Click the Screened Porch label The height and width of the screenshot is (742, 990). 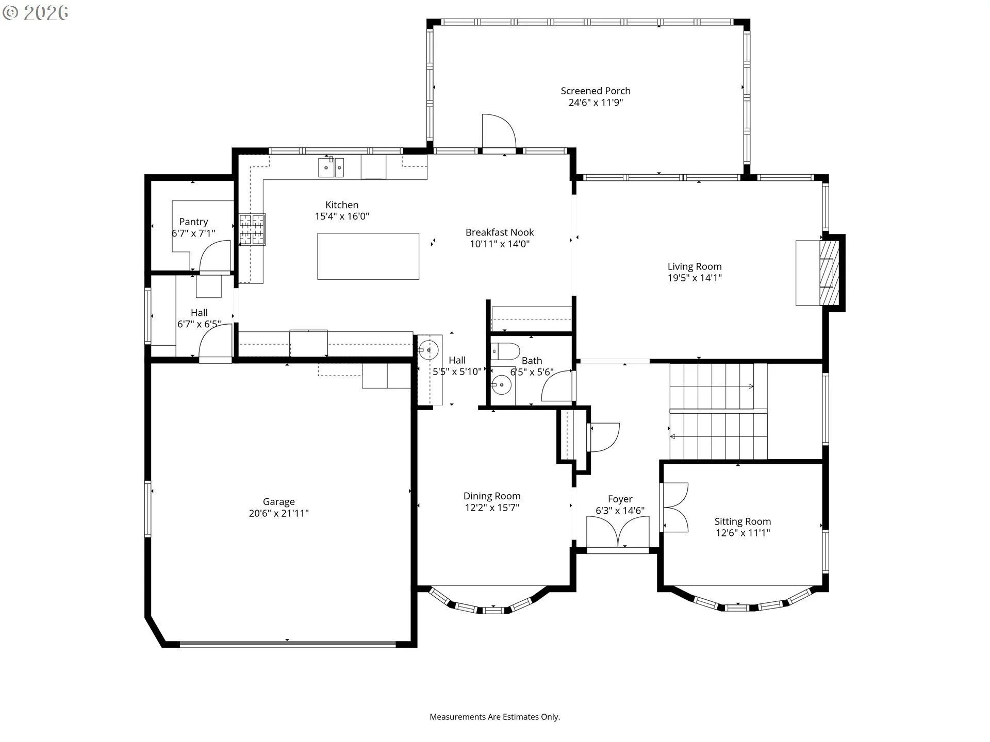(x=596, y=91)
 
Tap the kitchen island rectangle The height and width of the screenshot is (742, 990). (x=368, y=256)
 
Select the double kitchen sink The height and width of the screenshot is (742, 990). (x=331, y=167)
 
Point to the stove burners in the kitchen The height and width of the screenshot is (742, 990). (x=252, y=229)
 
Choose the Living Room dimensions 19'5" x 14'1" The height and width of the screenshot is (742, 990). (x=695, y=278)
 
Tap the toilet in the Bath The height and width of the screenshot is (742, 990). (x=505, y=351)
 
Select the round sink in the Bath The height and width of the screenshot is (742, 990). (x=501, y=384)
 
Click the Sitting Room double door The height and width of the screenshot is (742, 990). (x=675, y=508)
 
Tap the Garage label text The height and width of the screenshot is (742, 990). (x=279, y=502)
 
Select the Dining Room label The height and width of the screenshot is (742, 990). (x=492, y=496)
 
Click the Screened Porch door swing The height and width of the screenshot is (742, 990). (x=499, y=131)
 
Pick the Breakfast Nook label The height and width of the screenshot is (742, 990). (x=500, y=232)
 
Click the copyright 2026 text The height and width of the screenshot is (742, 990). (x=36, y=13)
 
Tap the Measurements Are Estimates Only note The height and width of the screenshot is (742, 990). (x=495, y=717)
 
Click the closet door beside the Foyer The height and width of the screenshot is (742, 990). (x=603, y=437)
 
